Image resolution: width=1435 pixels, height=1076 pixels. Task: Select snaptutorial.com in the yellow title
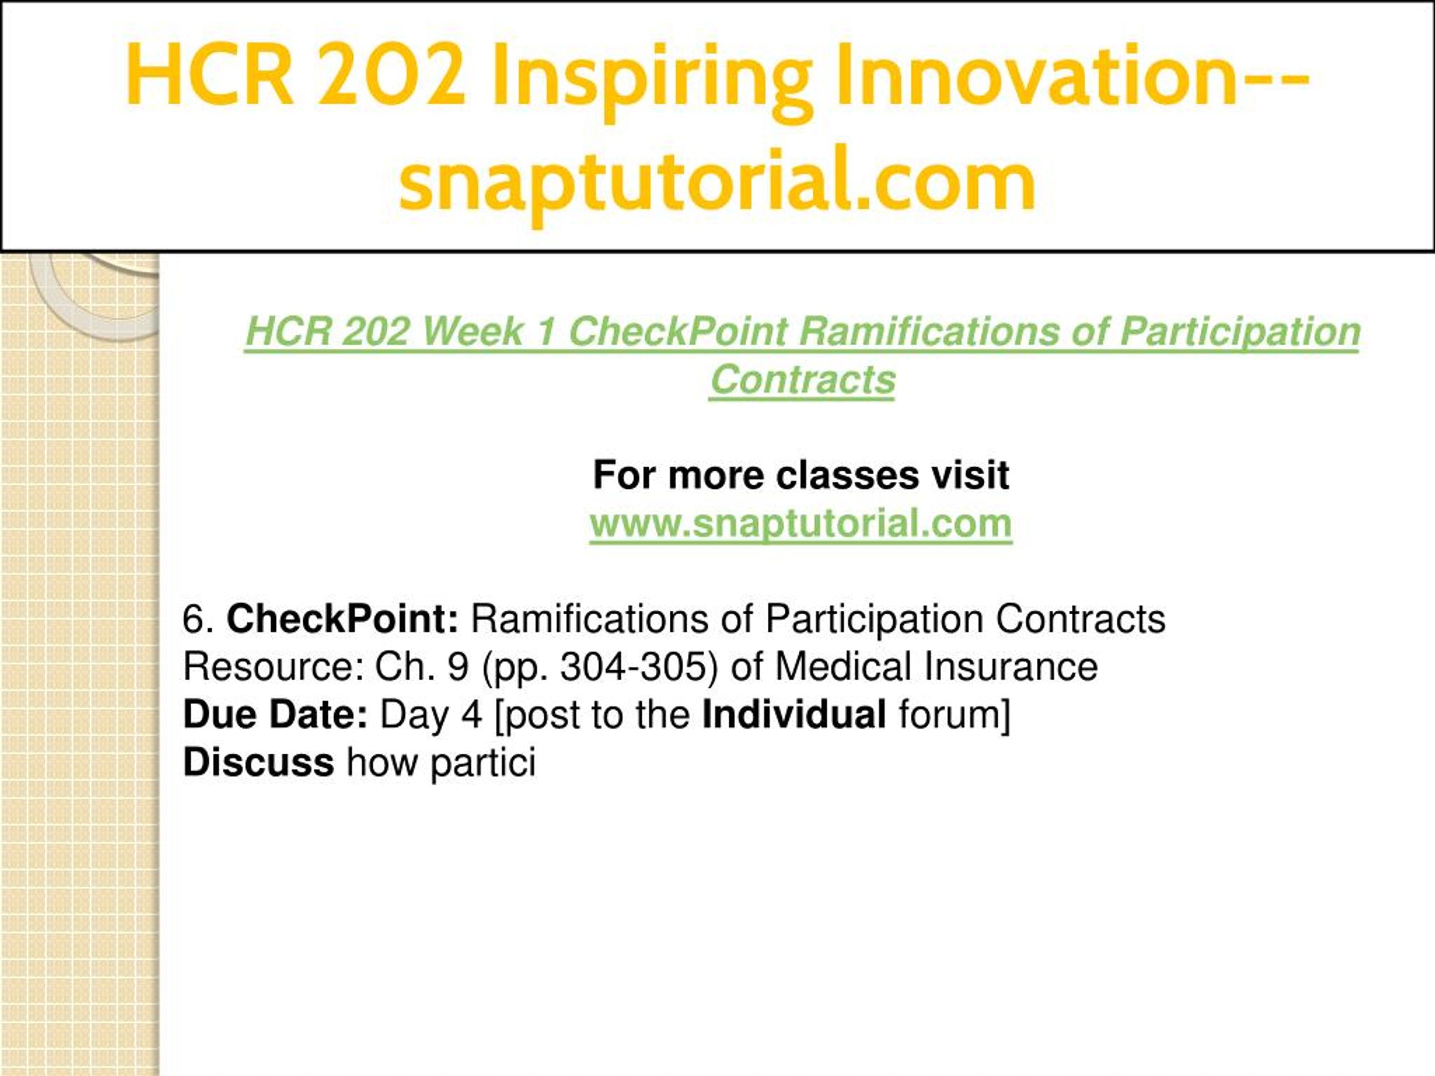(x=717, y=180)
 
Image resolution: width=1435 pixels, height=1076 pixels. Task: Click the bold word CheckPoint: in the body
(x=342, y=619)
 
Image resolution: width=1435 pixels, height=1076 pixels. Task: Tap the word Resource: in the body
(x=273, y=667)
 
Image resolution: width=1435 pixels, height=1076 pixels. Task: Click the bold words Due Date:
(x=276, y=715)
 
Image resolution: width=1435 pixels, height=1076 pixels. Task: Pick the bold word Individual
(x=794, y=715)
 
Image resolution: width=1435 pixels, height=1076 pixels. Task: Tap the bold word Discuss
(x=259, y=762)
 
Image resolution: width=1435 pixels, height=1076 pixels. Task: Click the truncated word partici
(x=483, y=763)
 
